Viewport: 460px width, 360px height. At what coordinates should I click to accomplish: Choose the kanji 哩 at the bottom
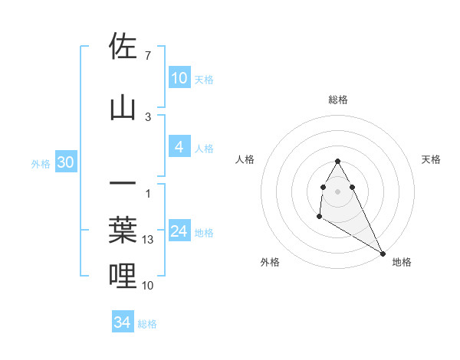click(x=123, y=275)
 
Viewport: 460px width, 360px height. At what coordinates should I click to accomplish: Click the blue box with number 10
click(x=179, y=78)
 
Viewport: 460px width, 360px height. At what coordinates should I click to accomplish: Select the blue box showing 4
click(x=179, y=147)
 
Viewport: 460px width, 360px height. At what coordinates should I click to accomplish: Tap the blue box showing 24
click(x=179, y=231)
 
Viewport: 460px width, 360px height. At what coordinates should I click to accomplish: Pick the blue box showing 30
click(x=65, y=163)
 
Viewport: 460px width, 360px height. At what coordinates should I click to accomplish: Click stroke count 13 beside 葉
click(x=149, y=240)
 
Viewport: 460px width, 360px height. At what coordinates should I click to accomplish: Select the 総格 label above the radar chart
click(x=338, y=100)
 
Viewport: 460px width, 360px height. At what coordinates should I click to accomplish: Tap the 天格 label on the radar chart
click(x=431, y=159)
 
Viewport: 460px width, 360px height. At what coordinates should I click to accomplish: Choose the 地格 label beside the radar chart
click(x=402, y=262)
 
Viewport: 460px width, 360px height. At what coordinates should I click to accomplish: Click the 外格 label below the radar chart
click(x=270, y=262)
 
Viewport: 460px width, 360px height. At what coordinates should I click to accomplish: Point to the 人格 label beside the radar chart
click(x=245, y=159)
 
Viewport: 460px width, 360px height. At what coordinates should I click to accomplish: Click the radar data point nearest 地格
click(x=383, y=253)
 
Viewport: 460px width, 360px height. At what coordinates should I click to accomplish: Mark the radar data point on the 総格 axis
click(x=337, y=162)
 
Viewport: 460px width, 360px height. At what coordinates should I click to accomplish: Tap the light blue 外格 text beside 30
click(x=41, y=164)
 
